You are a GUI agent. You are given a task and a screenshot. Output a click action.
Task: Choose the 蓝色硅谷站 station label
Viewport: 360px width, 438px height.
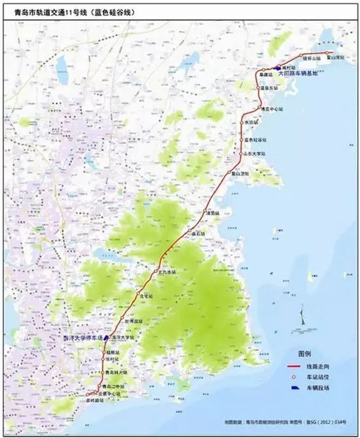pos(257,139)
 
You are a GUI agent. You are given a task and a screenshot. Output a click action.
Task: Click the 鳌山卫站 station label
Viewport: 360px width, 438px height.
pos(240,173)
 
